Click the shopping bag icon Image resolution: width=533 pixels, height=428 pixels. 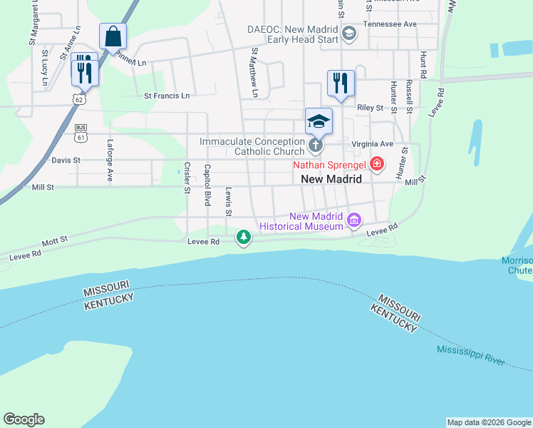pyautogui.click(x=113, y=36)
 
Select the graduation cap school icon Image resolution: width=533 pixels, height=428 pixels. pyautogui.click(x=319, y=121)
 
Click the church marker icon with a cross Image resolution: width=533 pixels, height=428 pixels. pyautogui.click(x=316, y=146)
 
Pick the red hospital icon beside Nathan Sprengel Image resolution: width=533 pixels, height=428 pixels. pyautogui.click(x=376, y=165)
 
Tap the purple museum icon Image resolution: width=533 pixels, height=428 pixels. pyautogui.click(x=353, y=221)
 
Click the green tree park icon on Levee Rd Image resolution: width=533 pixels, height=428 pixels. pyautogui.click(x=244, y=236)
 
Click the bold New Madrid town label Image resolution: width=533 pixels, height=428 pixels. pyautogui.click(x=331, y=180)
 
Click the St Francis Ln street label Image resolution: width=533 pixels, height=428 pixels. pyautogui.click(x=167, y=96)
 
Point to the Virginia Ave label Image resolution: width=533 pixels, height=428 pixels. pyautogui.click(x=372, y=143)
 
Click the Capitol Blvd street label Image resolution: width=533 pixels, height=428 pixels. pyautogui.click(x=208, y=185)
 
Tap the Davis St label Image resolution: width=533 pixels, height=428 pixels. pyautogui.click(x=66, y=160)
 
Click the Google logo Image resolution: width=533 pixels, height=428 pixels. pyautogui.click(x=24, y=419)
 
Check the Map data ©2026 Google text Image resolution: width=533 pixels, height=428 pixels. pyautogui.click(x=489, y=422)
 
